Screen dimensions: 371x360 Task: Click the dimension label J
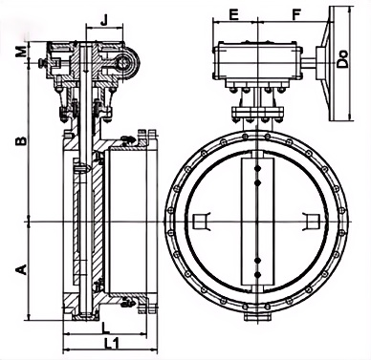click(104, 20)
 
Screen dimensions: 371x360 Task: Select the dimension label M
click(21, 52)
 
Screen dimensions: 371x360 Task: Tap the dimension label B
click(21, 141)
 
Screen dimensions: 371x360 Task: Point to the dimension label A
click(21, 269)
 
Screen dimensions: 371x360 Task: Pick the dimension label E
click(234, 14)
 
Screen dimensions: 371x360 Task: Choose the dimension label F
click(296, 14)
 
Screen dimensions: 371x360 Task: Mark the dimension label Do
click(343, 58)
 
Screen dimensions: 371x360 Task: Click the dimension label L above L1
click(105, 328)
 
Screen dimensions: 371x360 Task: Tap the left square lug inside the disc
click(201, 222)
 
